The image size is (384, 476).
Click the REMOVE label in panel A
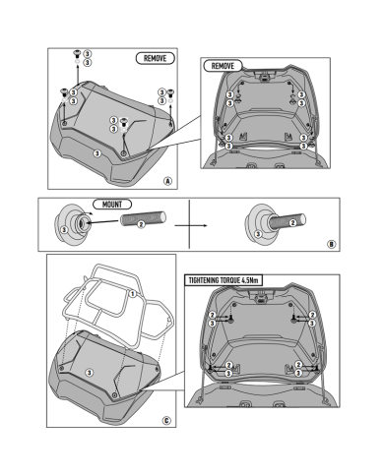coord(156,58)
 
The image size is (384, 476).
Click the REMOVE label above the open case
coord(223,66)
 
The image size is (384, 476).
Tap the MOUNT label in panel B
coord(112,205)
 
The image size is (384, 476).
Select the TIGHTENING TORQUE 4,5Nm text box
coord(224,280)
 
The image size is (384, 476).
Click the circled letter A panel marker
coord(167,181)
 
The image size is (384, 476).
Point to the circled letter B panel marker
coord(332,244)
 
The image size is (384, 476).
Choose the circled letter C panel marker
coord(166,421)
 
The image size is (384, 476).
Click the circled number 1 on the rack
coord(133,294)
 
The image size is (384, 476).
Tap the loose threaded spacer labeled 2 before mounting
coord(143,219)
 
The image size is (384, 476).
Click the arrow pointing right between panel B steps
coord(191,225)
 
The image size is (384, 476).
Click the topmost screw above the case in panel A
coord(78,53)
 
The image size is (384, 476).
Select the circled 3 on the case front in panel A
coord(96,153)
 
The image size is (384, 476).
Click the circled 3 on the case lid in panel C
coord(89,373)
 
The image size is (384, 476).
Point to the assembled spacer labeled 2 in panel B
coord(288,222)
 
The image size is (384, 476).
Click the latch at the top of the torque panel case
coord(262,297)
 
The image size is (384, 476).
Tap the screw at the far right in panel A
coord(170,92)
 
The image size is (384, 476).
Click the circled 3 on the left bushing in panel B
coord(64,229)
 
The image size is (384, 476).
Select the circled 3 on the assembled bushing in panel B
coord(258,234)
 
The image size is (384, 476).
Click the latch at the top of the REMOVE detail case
coord(264,77)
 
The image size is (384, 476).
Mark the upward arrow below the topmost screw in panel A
coord(78,75)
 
